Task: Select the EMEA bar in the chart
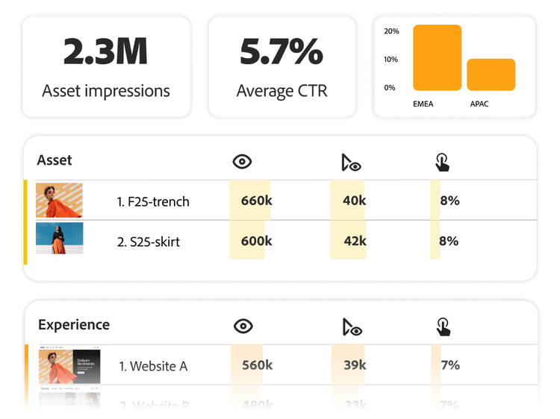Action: click(437, 57)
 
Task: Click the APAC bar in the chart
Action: click(491, 75)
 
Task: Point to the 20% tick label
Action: click(391, 31)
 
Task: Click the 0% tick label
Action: click(390, 88)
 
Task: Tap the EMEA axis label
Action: click(423, 104)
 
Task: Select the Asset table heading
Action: click(55, 160)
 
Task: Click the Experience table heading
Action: click(74, 324)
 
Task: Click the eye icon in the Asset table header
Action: click(242, 162)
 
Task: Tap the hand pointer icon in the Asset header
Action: click(443, 162)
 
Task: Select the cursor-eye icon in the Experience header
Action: click(351, 327)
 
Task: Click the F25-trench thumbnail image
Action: click(59, 201)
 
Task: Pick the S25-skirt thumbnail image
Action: click(59, 239)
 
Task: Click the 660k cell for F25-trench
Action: click(256, 201)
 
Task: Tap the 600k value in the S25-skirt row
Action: click(256, 241)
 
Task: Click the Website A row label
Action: click(153, 366)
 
